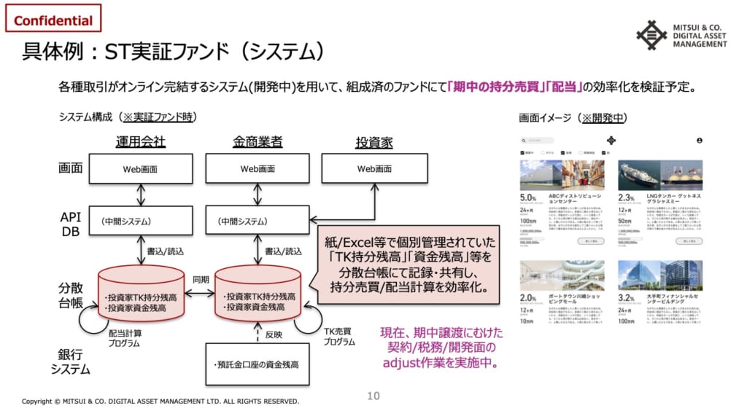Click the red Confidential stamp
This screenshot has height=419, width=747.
click(53, 20)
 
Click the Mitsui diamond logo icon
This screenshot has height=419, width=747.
click(651, 35)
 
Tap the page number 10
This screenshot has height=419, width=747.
click(373, 396)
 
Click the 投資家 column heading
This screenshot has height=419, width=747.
click(374, 142)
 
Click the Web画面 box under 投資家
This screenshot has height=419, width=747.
click(374, 169)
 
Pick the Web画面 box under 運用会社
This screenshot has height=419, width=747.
click(140, 169)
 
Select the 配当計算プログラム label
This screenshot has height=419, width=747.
click(125, 337)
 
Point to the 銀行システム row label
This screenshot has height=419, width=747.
click(70, 362)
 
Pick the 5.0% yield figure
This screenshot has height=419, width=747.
click(527, 197)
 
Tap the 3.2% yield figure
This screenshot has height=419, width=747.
click(627, 297)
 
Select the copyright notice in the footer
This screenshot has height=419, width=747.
click(160, 402)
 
